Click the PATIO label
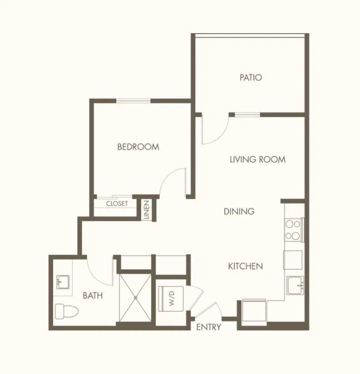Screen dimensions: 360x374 (x=251, y=78)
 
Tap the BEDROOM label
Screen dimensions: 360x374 (x=138, y=147)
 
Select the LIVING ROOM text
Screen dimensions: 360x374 (x=257, y=160)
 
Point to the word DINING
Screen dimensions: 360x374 (x=239, y=211)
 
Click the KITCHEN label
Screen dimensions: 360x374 (x=246, y=266)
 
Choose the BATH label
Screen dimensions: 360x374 (x=93, y=295)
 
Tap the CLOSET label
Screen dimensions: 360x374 (x=117, y=204)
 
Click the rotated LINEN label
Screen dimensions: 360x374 (x=147, y=209)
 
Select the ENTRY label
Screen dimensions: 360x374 (x=208, y=327)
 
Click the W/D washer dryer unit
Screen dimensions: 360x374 (x=171, y=299)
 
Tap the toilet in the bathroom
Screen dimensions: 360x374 (x=67, y=311)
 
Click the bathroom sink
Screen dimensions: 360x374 (x=63, y=282)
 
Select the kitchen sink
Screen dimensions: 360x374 (x=296, y=285)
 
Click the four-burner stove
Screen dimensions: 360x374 (x=293, y=230)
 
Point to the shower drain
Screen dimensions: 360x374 (x=136, y=298)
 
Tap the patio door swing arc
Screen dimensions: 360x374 (x=219, y=136)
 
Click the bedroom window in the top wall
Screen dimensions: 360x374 (x=133, y=101)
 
